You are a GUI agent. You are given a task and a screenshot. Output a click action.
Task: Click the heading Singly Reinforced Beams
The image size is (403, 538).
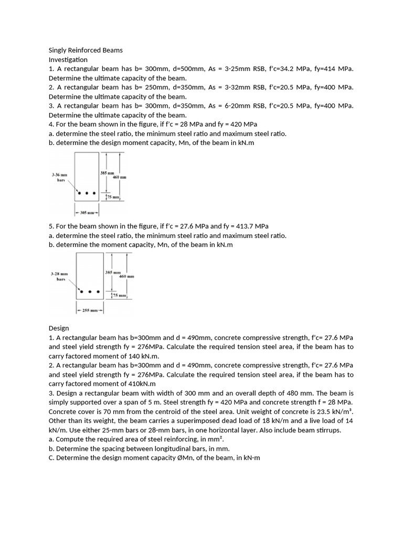click(86, 50)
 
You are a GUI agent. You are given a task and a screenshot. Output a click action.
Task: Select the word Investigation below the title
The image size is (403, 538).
click(68, 60)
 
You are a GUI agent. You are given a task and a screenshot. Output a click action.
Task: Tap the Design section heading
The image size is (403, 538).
click(59, 328)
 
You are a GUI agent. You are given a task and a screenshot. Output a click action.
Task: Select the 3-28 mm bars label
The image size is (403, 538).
click(59, 276)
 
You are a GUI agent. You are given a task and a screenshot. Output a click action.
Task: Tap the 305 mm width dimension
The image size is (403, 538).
click(87, 213)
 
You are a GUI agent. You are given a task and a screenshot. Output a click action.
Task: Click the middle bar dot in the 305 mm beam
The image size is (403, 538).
click(87, 193)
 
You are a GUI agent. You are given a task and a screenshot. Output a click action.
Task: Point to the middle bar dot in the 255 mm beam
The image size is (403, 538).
click(90, 292)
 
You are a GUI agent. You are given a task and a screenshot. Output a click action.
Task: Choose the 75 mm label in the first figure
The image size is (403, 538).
click(113, 197)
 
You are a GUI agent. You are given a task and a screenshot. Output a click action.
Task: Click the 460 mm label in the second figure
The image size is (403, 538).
click(126, 276)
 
